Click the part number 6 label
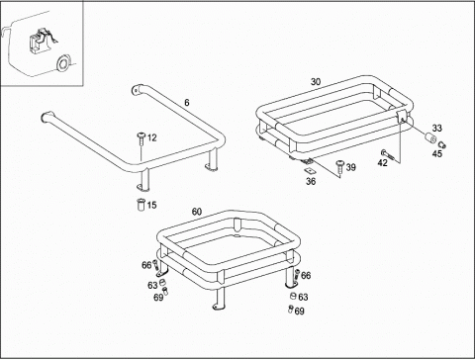[x=187, y=103]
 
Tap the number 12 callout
[x=151, y=137]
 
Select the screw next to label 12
[x=142, y=138]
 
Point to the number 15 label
[x=151, y=205]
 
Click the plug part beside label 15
[x=142, y=205]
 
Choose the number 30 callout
[x=316, y=82]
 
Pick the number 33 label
[x=437, y=128]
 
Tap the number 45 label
[x=437, y=153]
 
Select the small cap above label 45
[x=442, y=143]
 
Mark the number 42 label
[x=383, y=162]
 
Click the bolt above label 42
[x=389, y=154]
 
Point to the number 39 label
[x=351, y=167]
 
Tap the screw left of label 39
[x=340, y=166]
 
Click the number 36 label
[x=311, y=181]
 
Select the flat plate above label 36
[x=310, y=170]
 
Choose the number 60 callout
[x=197, y=212]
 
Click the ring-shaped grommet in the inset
[x=63, y=63]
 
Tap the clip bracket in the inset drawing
[x=41, y=41]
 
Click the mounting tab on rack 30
[x=402, y=117]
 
